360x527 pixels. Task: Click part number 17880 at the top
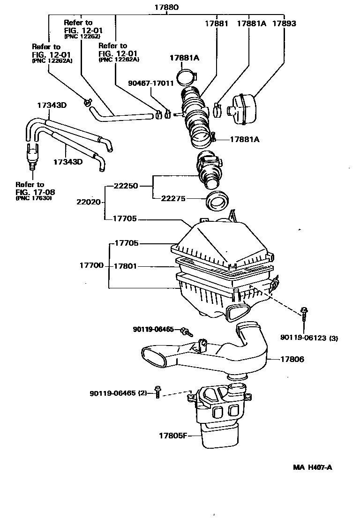166,7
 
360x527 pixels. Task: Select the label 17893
284,23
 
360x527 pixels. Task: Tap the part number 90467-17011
151,83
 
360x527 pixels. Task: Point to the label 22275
173,199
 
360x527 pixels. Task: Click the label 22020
89,202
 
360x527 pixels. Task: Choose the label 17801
125,266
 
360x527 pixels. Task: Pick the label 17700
91,265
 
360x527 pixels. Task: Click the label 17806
292,359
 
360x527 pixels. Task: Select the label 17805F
173,436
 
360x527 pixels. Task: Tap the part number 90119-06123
303,338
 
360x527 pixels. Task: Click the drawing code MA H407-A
313,467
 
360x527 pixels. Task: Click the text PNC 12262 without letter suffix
82,36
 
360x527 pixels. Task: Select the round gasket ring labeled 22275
217,201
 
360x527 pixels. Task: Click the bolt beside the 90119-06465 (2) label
157,392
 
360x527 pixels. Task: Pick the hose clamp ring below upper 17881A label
187,77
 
